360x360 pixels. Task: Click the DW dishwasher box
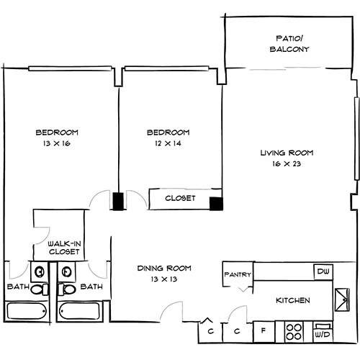323,272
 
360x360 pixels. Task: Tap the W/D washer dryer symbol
323,333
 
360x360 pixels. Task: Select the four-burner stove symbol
294,332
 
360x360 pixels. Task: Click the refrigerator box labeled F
264,332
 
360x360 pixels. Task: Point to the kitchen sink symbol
342,300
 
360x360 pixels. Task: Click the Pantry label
238,274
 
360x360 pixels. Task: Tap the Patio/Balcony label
289,44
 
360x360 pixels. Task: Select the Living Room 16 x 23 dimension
287,164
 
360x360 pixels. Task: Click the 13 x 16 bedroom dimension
57,143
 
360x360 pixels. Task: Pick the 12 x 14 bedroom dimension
168,143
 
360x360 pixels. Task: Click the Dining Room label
164,268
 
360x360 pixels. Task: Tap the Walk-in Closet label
64,248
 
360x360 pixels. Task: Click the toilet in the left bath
40,289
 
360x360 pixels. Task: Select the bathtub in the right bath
80,311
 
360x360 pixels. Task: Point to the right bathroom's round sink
66,272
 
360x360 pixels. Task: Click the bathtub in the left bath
27,311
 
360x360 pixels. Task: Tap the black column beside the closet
216,204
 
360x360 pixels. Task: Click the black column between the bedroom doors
118,202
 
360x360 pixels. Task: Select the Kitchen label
293,300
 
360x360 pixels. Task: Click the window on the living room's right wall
357,138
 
